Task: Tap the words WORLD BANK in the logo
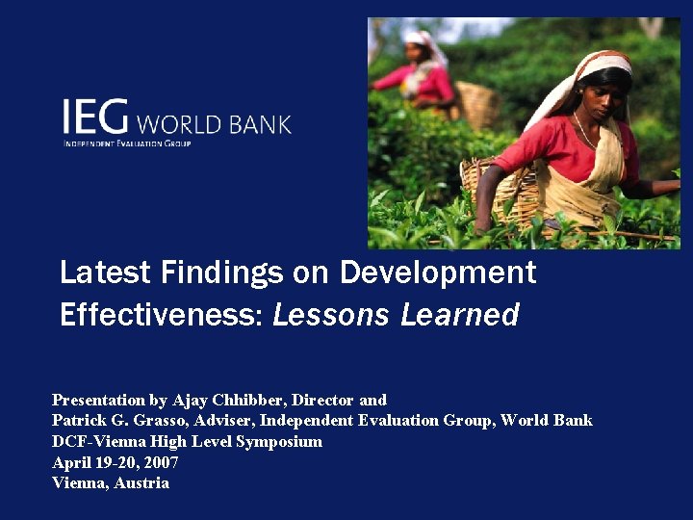coord(214,124)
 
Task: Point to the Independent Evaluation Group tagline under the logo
coord(127,143)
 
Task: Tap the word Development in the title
coord(437,273)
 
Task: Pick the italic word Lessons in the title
coord(331,315)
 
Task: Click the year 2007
coord(161,462)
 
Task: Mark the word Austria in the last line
coord(141,483)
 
